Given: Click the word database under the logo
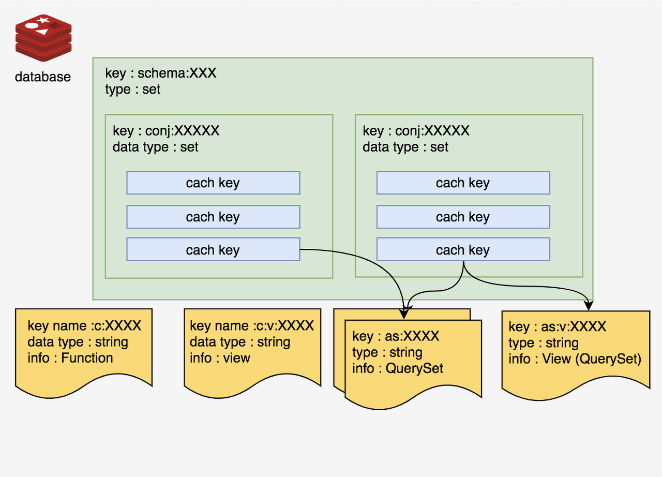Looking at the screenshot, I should (x=42, y=77).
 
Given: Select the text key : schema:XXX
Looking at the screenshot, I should (x=160, y=73).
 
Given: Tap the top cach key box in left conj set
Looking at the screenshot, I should (x=213, y=183).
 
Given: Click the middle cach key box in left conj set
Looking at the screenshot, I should (x=213, y=217).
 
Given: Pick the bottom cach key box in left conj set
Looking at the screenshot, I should (x=213, y=250).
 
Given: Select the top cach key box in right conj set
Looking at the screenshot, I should (x=463, y=183).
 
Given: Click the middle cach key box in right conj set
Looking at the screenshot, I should (x=463, y=217).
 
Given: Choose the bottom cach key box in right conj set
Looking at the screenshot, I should (x=463, y=250).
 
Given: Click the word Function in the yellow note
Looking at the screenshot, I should (x=87, y=358).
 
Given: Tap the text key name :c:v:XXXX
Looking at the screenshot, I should (x=251, y=325).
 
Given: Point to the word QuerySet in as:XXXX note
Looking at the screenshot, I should (x=414, y=368).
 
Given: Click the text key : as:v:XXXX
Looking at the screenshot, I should (x=558, y=326).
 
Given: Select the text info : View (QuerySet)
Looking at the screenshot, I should (x=575, y=359).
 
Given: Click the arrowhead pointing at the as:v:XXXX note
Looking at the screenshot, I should (x=589, y=307).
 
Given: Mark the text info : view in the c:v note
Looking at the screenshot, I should (x=220, y=358).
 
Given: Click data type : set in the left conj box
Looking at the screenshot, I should (x=155, y=147).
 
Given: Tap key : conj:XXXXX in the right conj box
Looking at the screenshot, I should (x=416, y=130).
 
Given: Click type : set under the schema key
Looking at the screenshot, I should (x=132, y=89).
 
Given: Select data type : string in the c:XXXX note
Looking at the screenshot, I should (x=78, y=342).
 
